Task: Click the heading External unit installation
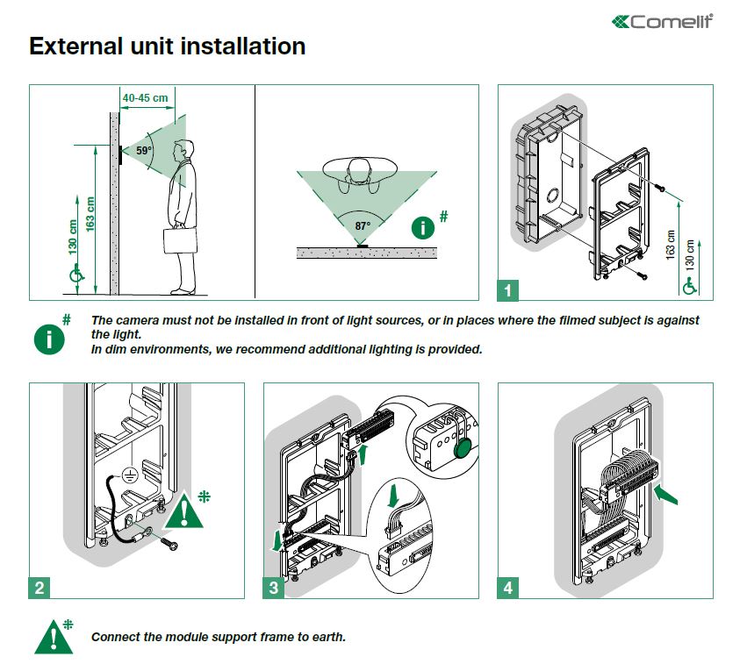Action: (x=167, y=46)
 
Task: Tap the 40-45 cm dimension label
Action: (x=146, y=97)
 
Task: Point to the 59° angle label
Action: (x=143, y=151)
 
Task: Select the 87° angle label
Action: (x=362, y=225)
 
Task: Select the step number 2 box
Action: (x=40, y=588)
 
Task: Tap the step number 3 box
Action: (x=274, y=588)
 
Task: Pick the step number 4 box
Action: (x=508, y=588)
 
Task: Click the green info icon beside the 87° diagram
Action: (x=423, y=229)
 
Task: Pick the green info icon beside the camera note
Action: (x=49, y=339)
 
